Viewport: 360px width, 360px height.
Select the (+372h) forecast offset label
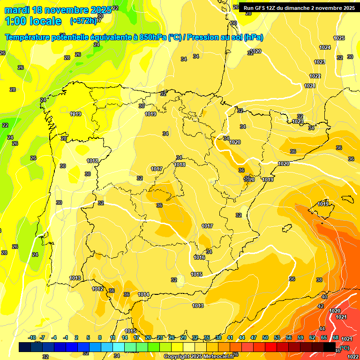(83, 21)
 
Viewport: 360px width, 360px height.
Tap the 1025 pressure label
(339, 38)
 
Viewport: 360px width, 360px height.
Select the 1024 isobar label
(325, 47)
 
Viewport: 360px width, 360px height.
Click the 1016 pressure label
(199, 257)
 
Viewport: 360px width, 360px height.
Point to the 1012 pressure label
(97, 289)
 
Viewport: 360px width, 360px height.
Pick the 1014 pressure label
(143, 294)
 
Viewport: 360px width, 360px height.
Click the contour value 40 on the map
(324, 297)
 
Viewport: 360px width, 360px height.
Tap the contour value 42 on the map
(321, 306)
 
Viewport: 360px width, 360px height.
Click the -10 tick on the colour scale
(32, 337)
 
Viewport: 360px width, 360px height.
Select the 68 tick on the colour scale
(336, 337)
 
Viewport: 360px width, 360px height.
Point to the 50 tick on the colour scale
(265, 337)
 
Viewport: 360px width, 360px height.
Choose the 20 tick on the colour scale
(148, 337)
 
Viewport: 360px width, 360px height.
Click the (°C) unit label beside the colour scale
(344, 348)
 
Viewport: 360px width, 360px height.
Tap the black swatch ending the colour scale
(330, 347)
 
